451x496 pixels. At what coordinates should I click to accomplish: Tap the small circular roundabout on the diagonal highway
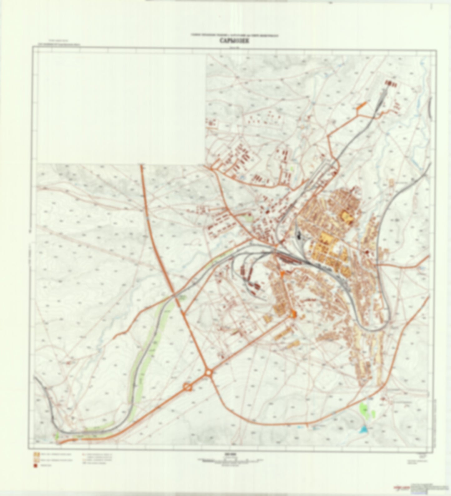208,372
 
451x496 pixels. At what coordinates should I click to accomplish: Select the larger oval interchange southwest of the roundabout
188,387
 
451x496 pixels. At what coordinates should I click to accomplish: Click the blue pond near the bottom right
363,430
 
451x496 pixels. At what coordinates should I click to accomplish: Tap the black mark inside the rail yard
299,236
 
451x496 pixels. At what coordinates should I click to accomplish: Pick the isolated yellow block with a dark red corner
346,216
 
